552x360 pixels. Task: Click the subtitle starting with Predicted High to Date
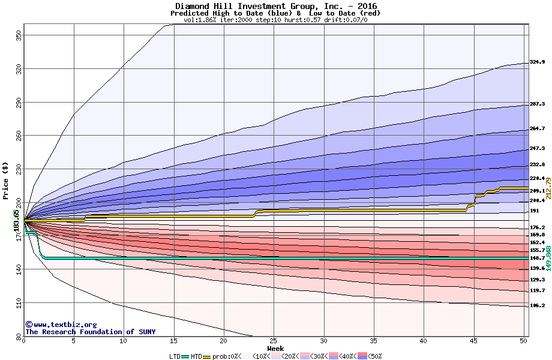tap(275, 13)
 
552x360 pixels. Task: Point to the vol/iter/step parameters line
tap(275, 20)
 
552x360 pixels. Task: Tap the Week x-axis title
tap(275, 349)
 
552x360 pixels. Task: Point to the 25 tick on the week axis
tap(274, 341)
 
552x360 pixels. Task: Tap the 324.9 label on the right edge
tap(537, 62)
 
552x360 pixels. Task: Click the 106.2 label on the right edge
tap(537, 305)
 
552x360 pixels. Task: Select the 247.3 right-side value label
tap(537, 148)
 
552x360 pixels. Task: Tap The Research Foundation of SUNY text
tap(90, 332)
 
